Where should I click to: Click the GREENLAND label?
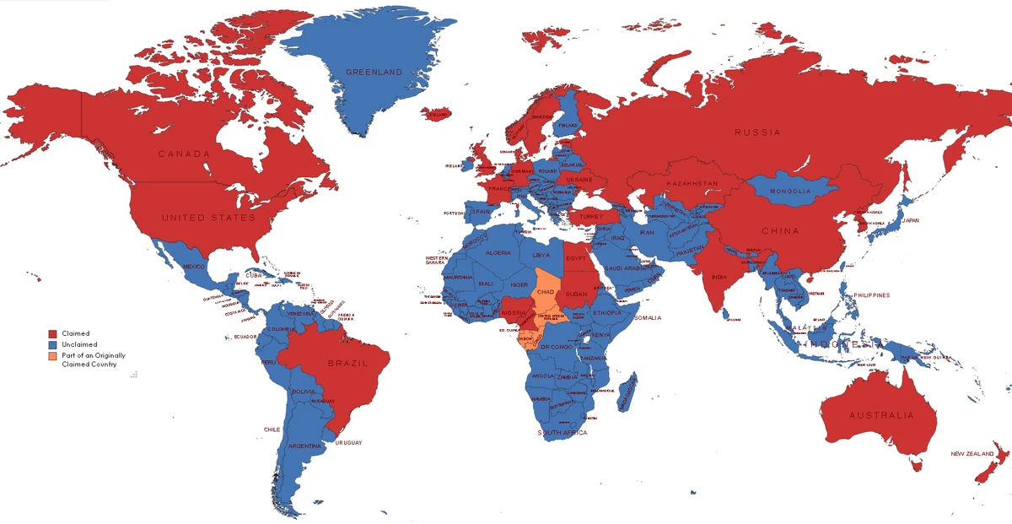[374, 72]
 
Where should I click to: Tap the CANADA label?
[184, 154]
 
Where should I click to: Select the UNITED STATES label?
[207, 218]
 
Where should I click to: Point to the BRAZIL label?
[348, 363]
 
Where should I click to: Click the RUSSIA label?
[756, 132]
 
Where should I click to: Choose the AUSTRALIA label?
[880, 415]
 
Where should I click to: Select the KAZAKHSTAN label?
[692, 183]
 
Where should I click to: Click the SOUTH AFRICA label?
[563, 433]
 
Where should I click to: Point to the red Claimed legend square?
[52, 334]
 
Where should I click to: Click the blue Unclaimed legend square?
[52, 345]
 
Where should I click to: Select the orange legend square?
[52, 356]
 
